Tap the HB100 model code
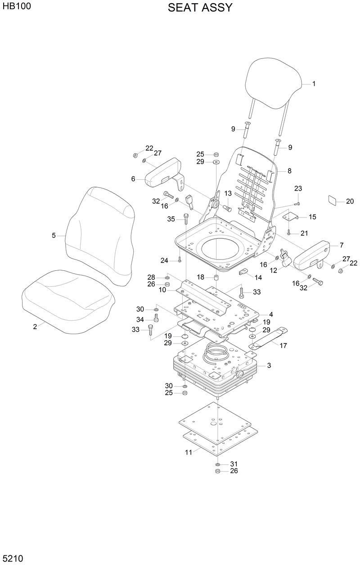(16, 7)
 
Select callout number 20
(350, 201)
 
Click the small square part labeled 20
(333, 201)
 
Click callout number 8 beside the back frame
(289, 171)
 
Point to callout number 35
(171, 219)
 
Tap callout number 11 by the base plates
(189, 452)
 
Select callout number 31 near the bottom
(234, 464)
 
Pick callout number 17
(283, 346)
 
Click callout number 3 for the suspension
(269, 366)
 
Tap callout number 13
(228, 193)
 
